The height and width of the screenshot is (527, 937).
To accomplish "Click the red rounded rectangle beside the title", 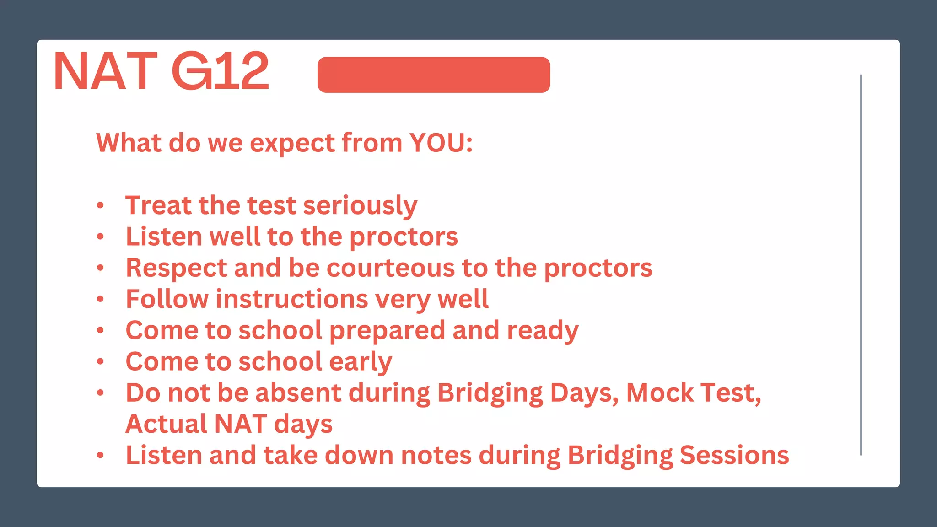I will tap(433, 75).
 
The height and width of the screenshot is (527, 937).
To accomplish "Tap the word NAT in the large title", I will tap(106, 71).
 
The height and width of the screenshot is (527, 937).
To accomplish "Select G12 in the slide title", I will tap(221, 71).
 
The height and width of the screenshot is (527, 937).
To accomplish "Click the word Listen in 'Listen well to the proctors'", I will tap(164, 237).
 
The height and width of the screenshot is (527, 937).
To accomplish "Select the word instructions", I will tap(292, 299).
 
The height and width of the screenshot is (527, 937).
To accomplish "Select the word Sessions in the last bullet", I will tap(734, 456).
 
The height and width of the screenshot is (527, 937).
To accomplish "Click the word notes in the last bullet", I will tap(436, 456).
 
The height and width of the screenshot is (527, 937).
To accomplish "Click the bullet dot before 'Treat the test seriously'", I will tap(101, 205).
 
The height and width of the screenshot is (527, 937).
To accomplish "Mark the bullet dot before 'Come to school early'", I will tap(101, 362).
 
